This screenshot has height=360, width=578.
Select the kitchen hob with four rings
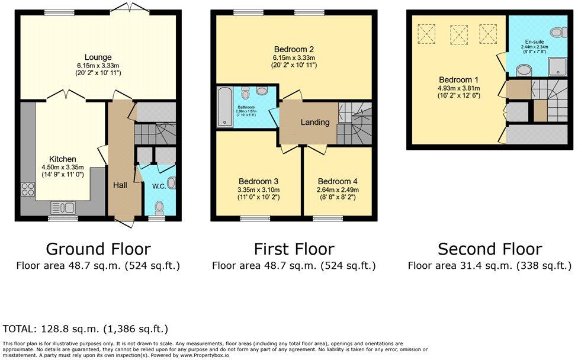coord(28,189)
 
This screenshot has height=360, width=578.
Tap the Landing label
coord(314,123)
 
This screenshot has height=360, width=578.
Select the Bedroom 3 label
coord(258,181)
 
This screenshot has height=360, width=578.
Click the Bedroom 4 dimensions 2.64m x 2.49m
coord(338,189)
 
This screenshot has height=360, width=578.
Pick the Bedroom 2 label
coord(294,49)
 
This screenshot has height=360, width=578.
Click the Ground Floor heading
coord(98,249)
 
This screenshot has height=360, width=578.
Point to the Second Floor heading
coord(489,249)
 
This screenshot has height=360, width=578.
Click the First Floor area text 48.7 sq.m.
coord(294,266)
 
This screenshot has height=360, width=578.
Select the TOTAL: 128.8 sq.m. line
coord(85,328)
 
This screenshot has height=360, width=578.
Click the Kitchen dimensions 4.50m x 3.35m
coord(62,168)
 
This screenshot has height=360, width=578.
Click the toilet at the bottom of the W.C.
coord(158,207)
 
